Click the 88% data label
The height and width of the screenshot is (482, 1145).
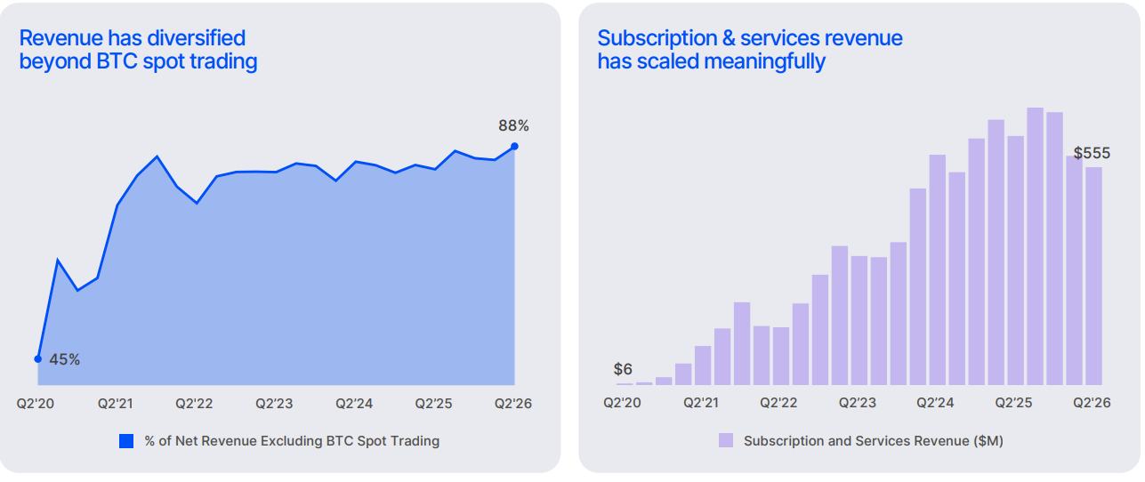(x=513, y=125)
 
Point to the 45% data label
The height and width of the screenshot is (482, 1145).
(x=64, y=360)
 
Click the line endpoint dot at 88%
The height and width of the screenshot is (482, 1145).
(x=515, y=147)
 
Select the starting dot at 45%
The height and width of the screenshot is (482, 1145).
(x=38, y=359)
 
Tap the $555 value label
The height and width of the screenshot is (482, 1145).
(x=1092, y=153)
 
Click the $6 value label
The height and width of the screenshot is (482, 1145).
(x=623, y=369)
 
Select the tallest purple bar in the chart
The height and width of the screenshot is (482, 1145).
(x=1035, y=245)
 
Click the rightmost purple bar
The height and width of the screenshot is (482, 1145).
(x=1094, y=276)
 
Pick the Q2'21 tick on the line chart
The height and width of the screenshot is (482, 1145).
(x=116, y=404)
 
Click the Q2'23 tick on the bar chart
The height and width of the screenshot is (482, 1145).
(x=858, y=403)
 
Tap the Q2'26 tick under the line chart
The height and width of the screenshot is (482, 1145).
(x=513, y=404)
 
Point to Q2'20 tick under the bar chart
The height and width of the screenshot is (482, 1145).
(x=622, y=403)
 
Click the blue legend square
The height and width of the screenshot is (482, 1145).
(x=126, y=441)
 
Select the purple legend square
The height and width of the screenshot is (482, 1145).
(x=726, y=440)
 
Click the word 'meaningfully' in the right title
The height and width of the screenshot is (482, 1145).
(x=765, y=62)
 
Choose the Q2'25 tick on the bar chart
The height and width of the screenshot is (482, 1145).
(x=1013, y=403)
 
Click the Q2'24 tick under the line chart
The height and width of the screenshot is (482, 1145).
(x=354, y=404)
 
